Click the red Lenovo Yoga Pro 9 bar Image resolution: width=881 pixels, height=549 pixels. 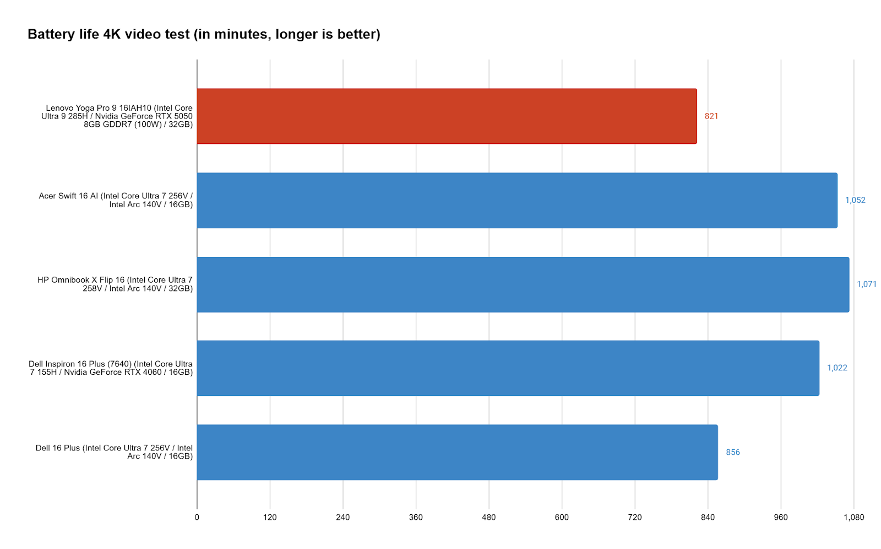pos(447,116)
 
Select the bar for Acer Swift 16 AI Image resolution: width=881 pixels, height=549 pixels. pos(516,200)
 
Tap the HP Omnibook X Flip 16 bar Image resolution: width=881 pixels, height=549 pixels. pos(523,284)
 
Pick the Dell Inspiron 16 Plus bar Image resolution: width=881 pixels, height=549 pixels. pos(508,368)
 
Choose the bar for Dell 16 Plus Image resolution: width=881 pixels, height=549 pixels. pos(457,452)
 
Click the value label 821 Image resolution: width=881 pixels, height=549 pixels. pos(711,116)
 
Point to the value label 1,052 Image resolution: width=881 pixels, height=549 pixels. pos(855,200)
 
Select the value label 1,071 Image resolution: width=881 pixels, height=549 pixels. pos(866,284)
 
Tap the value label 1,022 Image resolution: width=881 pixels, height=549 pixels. pos(837,368)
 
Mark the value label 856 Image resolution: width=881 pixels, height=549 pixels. pos(733,453)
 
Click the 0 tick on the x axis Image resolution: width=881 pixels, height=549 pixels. pos(197,518)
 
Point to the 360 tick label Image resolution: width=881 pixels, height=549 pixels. pos(416,518)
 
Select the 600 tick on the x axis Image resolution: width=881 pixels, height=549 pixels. pos(562,518)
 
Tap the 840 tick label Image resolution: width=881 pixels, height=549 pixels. pos(708,518)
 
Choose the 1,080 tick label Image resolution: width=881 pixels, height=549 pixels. pos(854,518)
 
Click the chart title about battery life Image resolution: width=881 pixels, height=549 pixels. pos(204,34)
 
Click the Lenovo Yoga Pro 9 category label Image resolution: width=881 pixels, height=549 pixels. pos(117,116)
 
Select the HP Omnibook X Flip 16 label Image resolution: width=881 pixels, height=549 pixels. pos(115,284)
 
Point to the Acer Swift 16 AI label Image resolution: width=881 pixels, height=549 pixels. pos(116,200)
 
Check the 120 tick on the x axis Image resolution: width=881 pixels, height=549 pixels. pos(270,518)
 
